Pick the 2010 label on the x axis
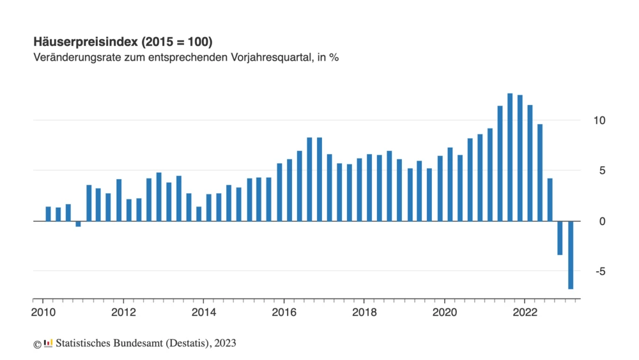[x=42, y=313]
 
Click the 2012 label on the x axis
[x=123, y=313]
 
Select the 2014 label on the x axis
[x=203, y=313]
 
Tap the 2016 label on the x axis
[x=284, y=313]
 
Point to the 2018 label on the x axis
[x=364, y=313]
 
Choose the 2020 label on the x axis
[x=445, y=313]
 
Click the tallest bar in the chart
[x=510, y=157]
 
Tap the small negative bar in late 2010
[x=78, y=224]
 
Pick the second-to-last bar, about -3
[x=560, y=238]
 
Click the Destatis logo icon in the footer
[x=49, y=343]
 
